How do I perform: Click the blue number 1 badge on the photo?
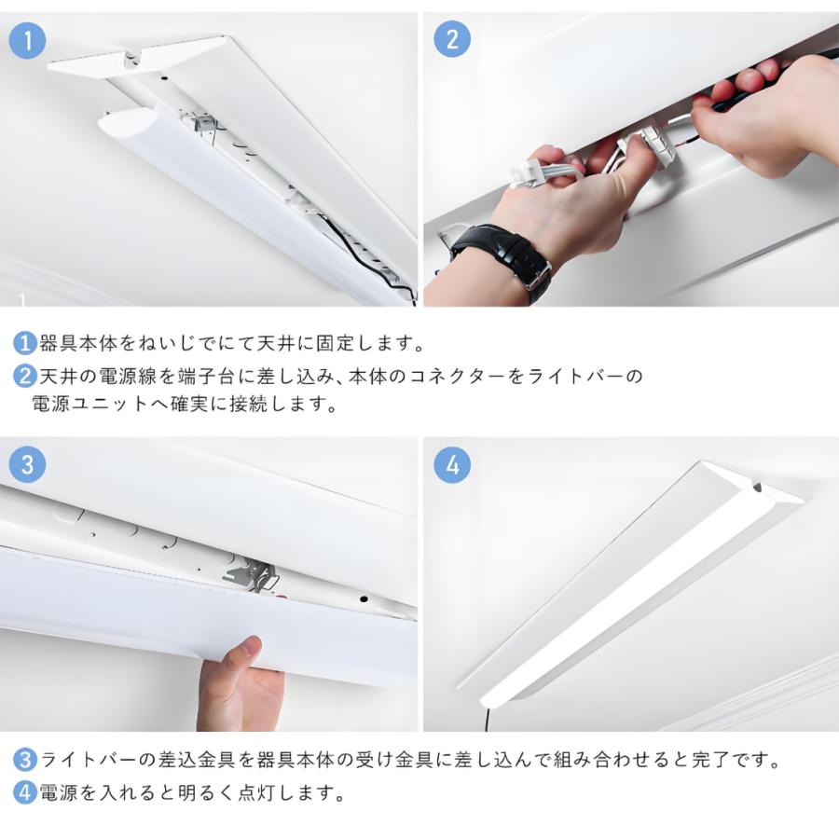[x=27, y=41]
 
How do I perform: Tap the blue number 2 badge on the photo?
[x=452, y=41]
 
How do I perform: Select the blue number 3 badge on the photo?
[x=27, y=465]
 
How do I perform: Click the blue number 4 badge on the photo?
[x=452, y=465]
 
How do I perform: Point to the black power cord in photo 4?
[x=486, y=719]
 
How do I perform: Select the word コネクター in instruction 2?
[x=485, y=377]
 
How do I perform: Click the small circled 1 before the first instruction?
[x=24, y=343]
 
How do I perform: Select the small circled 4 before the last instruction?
[x=24, y=793]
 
